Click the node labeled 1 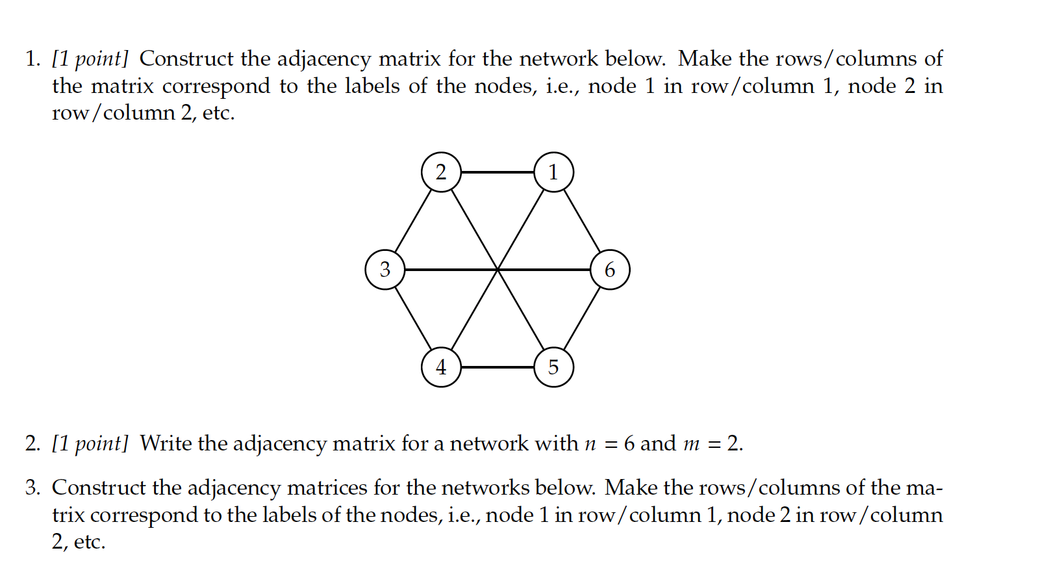(x=553, y=172)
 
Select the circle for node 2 (x=441, y=172)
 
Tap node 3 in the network (x=385, y=269)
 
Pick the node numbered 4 (x=441, y=367)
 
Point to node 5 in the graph (x=553, y=367)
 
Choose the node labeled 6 (x=610, y=269)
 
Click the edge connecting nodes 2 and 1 (x=497, y=172)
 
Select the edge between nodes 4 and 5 (x=497, y=367)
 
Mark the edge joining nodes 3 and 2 (x=413, y=221)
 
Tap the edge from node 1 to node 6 (x=582, y=221)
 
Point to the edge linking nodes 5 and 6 (x=582, y=318)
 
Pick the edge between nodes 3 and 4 (x=413, y=318)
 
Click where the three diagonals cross (x=498, y=269)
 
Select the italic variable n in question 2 (x=590, y=445)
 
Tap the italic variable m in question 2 (x=691, y=445)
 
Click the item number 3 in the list (x=32, y=487)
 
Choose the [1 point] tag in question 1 (x=90, y=59)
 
